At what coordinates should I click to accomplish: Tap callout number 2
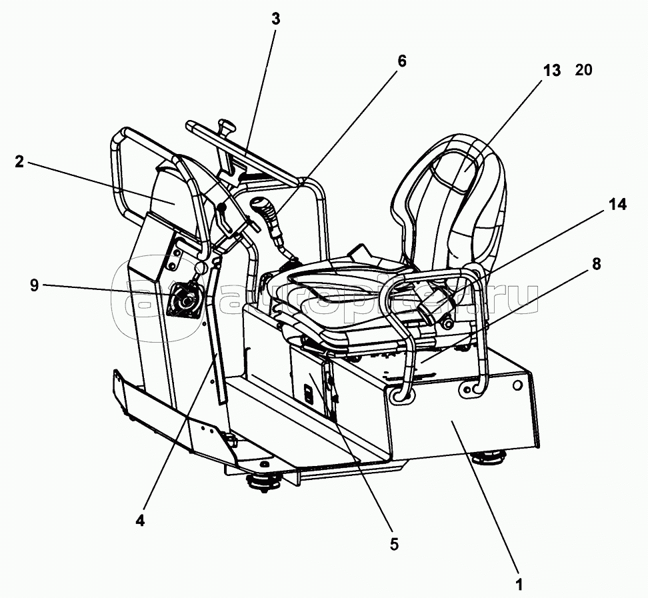pyautogui.click(x=19, y=162)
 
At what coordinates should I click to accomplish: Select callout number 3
pyautogui.click(x=275, y=19)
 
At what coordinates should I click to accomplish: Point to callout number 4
pyautogui.click(x=140, y=521)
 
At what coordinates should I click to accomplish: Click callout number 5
pyautogui.click(x=394, y=544)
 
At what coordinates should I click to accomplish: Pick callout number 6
pyautogui.click(x=402, y=61)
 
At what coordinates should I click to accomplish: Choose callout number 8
pyautogui.click(x=596, y=264)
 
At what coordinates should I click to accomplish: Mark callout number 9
pyautogui.click(x=34, y=285)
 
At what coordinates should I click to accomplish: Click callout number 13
pyautogui.click(x=552, y=71)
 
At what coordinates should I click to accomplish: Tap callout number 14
pyautogui.click(x=617, y=204)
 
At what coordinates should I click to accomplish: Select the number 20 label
pyautogui.click(x=583, y=70)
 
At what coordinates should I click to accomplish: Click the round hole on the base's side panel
pyautogui.click(x=517, y=385)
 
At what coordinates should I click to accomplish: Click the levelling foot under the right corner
pyautogui.click(x=489, y=456)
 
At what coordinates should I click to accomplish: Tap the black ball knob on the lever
pyautogui.click(x=223, y=207)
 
